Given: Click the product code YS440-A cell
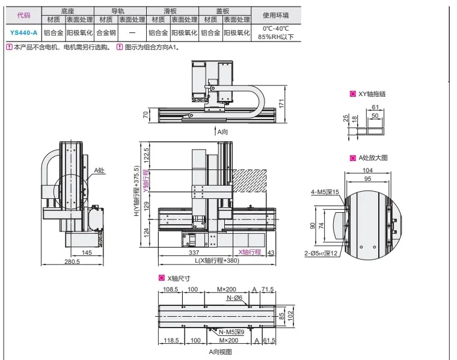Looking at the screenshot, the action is click(x=23, y=32).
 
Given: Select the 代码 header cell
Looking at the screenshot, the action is click(x=23, y=15).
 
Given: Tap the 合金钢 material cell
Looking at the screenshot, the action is click(x=106, y=32).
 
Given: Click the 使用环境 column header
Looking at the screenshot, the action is click(x=276, y=15).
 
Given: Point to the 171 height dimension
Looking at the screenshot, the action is click(x=281, y=104).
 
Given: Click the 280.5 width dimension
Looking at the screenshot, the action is click(x=72, y=261).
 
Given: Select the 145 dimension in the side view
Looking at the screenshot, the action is click(x=87, y=252).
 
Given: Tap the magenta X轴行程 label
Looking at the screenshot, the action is click(x=250, y=252).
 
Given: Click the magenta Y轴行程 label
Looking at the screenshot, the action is click(x=146, y=181).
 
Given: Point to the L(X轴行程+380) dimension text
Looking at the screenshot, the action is click(x=217, y=260).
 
